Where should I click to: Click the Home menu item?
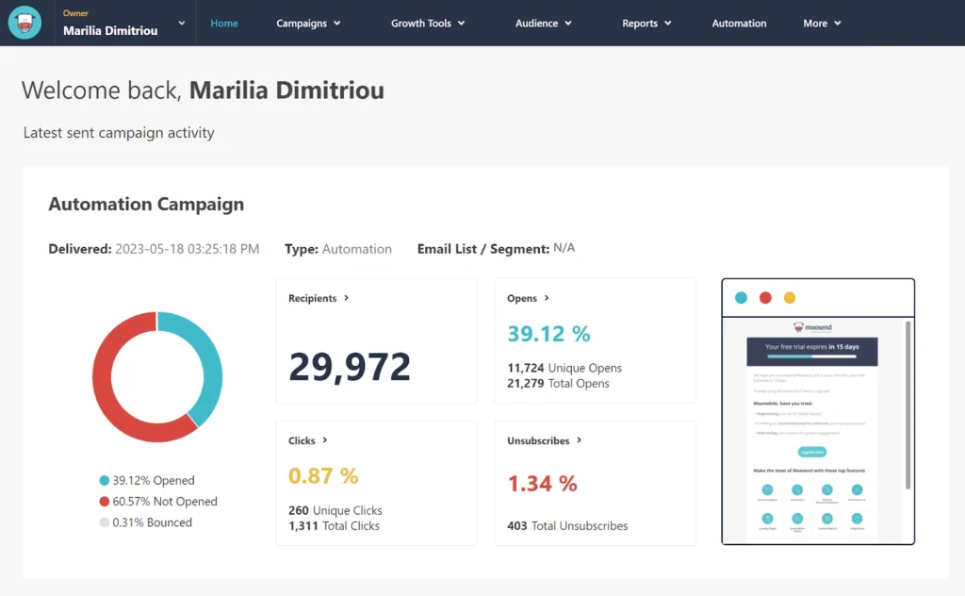pyautogui.click(x=224, y=24)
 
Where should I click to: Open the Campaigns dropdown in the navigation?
pyautogui.click(x=308, y=24)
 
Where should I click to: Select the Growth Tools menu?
pyautogui.click(x=428, y=24)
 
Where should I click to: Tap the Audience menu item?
pyautogui.click(x=544, y=24)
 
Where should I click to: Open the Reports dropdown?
pyautogui.click(x=646, y=24)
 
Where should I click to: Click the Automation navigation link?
pyautogui.click(x=739, y=24)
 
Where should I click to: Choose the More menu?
pyautogui.click(x=822, y=24)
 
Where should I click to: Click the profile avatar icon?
pyautogui.click(x=25, y=23)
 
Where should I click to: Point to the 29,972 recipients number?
pyautogui.click(x=350, y=367)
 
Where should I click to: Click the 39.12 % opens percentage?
pyautogui.click(x=548, y=334)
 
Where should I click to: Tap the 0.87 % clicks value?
pyautogui.click(x=323, y=476)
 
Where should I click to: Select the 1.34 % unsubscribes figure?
pyautogui.click(x=542, y=484)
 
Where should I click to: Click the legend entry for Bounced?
pyautogui.click(x=145, y=522)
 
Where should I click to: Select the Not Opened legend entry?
pyautogui.click(x=157, y=502)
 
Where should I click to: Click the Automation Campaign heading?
pyautogui.click(x=146, y=204)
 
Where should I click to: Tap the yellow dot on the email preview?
pyautogui.click(x=790, y=298)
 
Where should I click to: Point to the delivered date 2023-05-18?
pyautogui.click(x=187, y=249)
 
